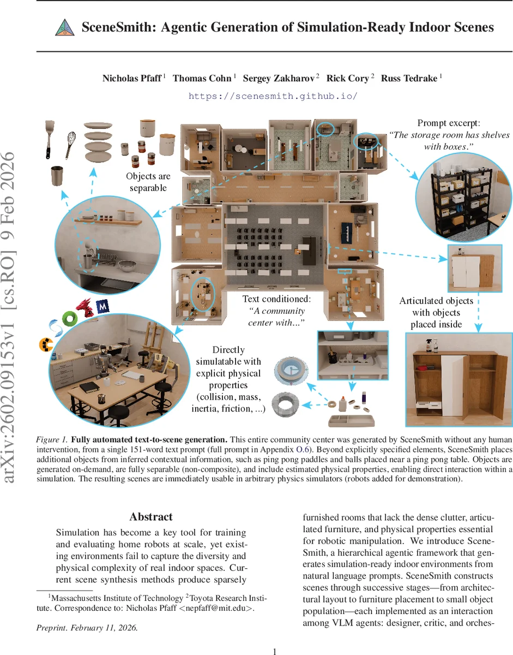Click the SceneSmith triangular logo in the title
(x=65, y=28)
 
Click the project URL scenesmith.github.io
(x=273, y=96)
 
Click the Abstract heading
(x=151, y=517)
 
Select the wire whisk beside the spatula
(x=70, y=144)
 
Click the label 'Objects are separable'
(x=148, y=182)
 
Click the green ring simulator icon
(x=69, y=318)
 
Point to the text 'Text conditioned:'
(x=276, y=299)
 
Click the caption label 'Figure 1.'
(x=52, y=439)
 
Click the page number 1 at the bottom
(x=275, y=651)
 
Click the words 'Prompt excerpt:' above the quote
(x=449, y=124)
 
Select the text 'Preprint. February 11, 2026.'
(x=87, y=628)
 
